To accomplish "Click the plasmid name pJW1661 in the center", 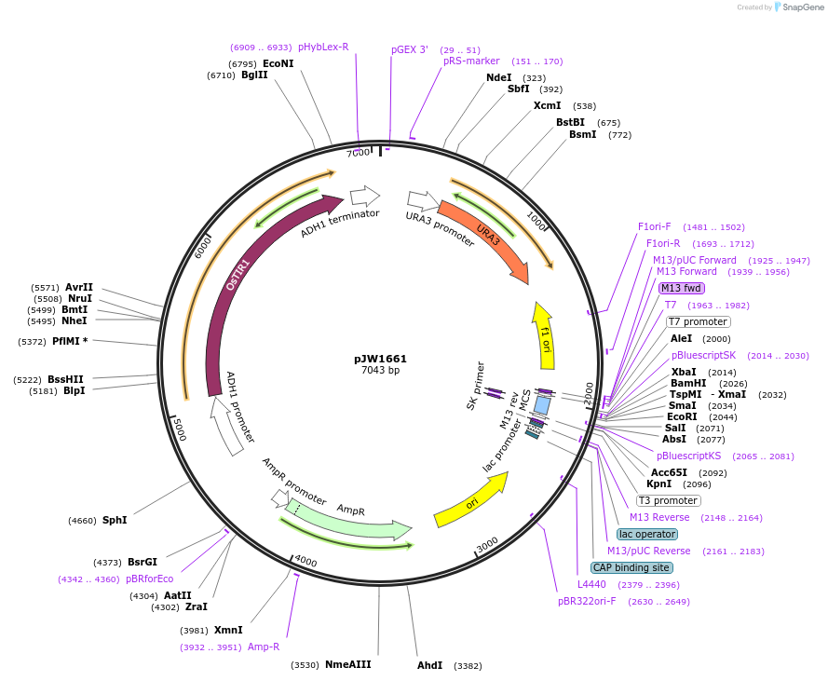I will coord(380,359).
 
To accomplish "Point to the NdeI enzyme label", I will coord(498,78).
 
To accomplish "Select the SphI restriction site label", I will coord(115,520).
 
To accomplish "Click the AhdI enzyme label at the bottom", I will coord(429,666).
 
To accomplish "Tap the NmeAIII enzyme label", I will coord(347,664).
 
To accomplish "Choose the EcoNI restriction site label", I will coord(278,63).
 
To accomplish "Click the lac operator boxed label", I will coord(647,534).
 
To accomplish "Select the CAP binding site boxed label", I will coord(631,567).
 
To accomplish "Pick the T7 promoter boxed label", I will coord(698,321).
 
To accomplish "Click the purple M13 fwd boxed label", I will coord(682,288).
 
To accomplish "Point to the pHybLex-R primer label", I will coord(323,47).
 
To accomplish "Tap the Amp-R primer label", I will coord(264,647).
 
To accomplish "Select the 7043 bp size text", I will coord(380,371).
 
